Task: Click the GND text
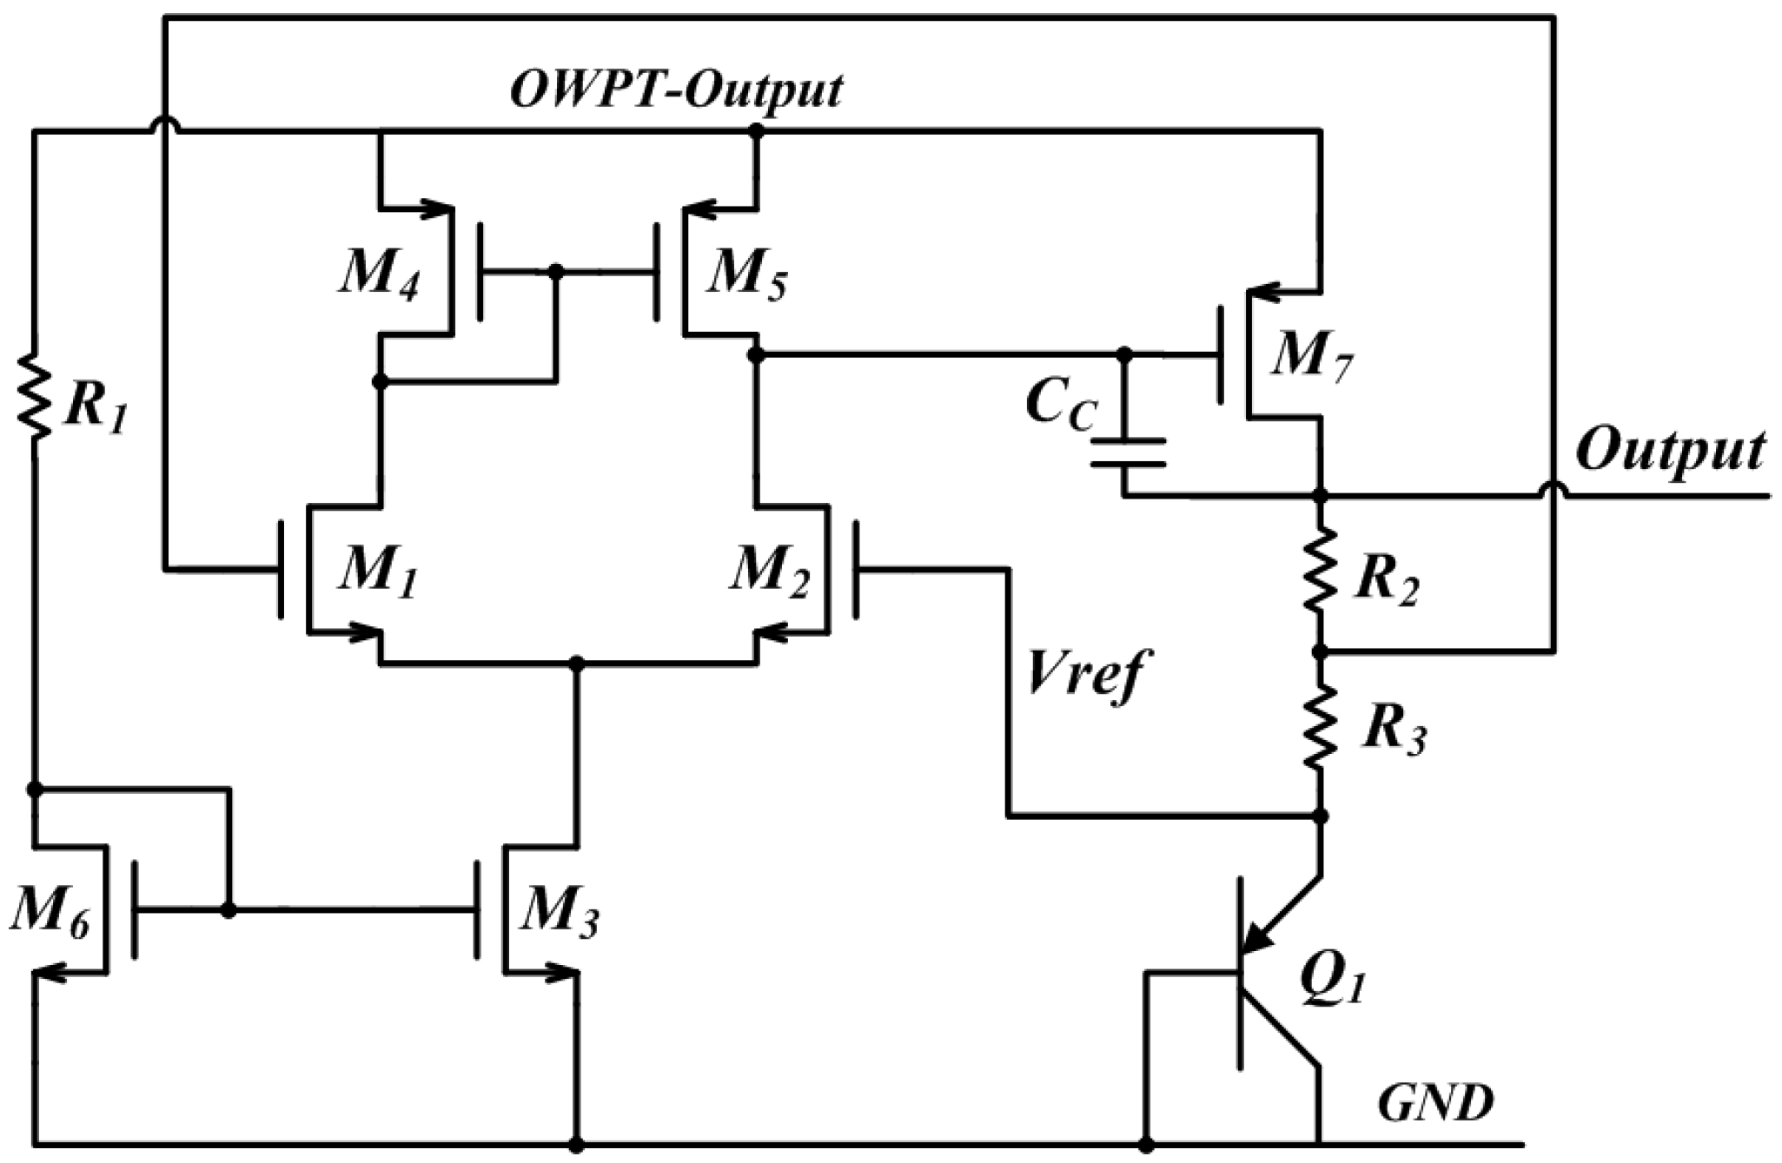pyautogui.click(x=1434, y=1103)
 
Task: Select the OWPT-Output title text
pyautogui.click(x=676, y=90)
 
